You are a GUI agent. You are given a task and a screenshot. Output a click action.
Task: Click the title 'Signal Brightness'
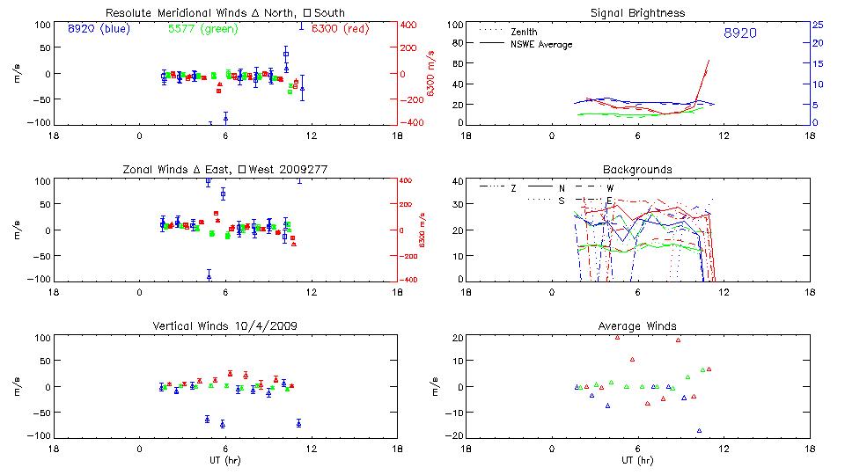(637, 13)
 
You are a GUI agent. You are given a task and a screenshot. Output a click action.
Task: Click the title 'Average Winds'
(637, 326)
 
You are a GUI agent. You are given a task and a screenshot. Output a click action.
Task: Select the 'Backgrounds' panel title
(637, 169)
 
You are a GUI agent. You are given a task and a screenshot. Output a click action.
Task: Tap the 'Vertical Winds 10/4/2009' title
(224, 326)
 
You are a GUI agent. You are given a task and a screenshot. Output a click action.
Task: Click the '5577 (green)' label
(199, 28)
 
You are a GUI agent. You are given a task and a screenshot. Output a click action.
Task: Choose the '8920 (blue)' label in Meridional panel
(98, 28)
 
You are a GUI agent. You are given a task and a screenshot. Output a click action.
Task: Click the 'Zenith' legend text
(524, 32)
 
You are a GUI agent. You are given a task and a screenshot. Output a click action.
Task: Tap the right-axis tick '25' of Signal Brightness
(817, 25)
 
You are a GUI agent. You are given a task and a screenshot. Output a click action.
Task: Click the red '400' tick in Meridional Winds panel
(410, 25)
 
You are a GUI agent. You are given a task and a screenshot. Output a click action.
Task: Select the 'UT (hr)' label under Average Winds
(637, 461)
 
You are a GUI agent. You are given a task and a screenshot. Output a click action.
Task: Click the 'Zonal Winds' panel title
(224, 169)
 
